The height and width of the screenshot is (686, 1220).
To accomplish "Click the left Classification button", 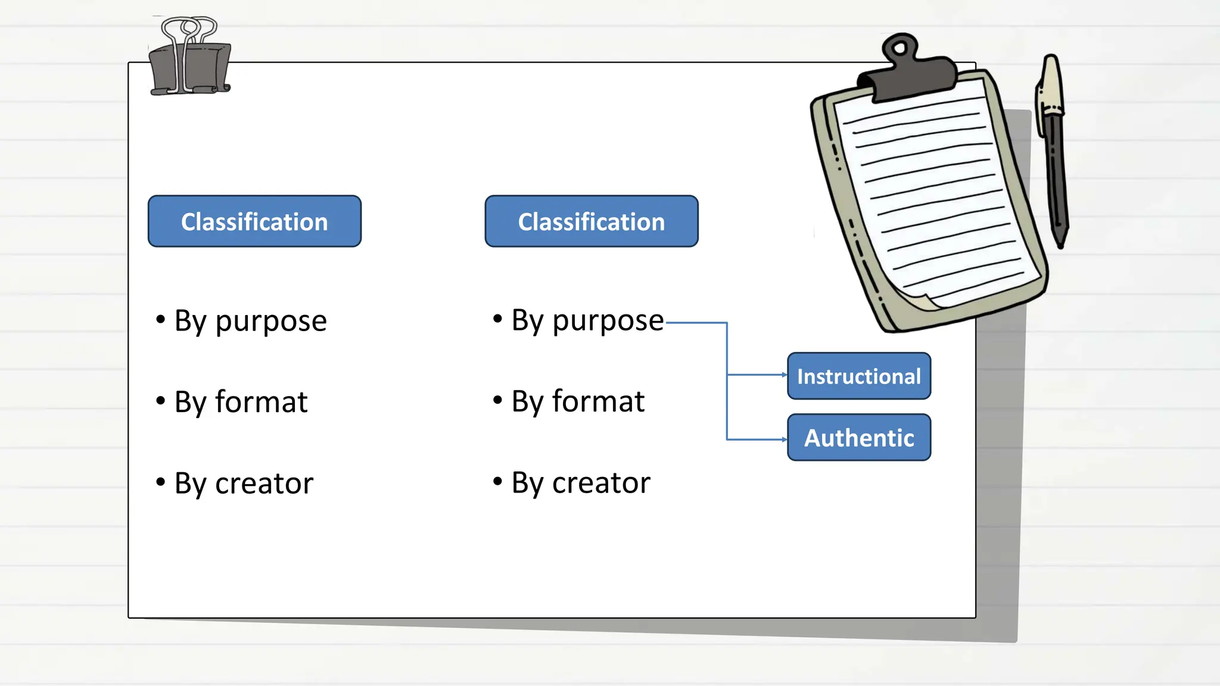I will [254, 222].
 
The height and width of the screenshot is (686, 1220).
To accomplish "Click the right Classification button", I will [592, 222].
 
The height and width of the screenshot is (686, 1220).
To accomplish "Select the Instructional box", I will [858, 376].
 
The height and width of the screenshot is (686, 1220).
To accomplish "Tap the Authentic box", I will [858, 438].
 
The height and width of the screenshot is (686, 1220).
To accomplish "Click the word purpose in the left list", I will [271, 322].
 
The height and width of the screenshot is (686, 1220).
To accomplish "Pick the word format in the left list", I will [261, 402].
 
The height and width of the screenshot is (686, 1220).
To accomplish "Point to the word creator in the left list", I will [264, 484].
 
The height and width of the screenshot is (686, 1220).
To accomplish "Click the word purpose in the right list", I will [608, 322].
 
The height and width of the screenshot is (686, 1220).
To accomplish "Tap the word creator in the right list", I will [601, 483].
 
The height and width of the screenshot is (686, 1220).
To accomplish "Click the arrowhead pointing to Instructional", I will [785, 375].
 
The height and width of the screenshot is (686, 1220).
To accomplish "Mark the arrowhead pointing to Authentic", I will [785, 439].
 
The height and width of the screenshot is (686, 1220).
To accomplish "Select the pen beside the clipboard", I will [1053, 149].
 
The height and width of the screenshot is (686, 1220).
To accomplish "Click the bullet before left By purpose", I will [160, 319].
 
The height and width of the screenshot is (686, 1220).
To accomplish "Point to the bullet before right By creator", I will [497, 481].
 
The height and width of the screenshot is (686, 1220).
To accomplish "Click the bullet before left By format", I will [160, 400].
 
